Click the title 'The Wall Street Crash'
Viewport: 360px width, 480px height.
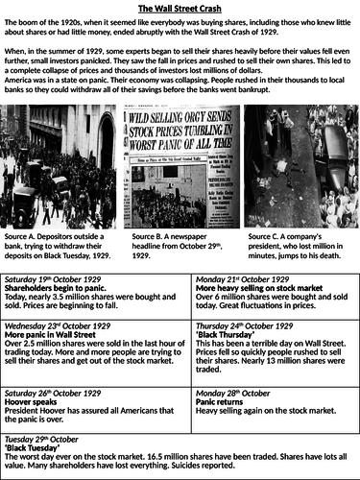[180, 8]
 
